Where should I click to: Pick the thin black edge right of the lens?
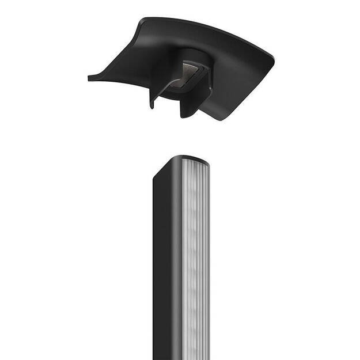tap(208, 259)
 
